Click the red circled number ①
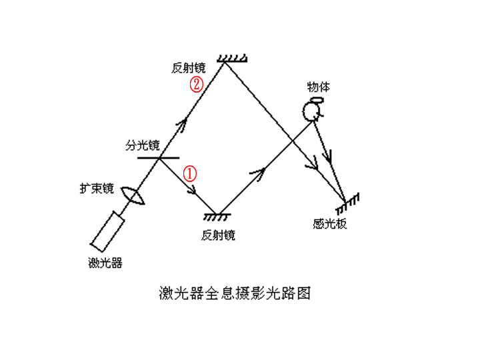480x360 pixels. (x=191, y=173)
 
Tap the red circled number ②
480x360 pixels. (x=197, y=85)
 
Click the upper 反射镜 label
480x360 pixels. (x=189, y=68)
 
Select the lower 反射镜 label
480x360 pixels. (x=217, y=235)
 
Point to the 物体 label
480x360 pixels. (x=318, y=87)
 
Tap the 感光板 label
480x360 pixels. (x=329, y=224)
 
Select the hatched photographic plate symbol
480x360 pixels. (x=349, y=199)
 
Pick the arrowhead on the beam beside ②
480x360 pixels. (x=182, y=123)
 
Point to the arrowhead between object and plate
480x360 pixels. (x=327, y=158)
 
